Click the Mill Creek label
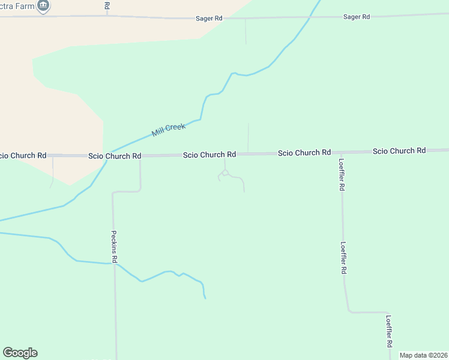(169, 130)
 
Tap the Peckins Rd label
(114, 247)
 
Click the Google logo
(20, 353)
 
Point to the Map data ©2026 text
(423, 355)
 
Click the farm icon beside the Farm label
(43, 6)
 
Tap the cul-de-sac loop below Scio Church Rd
(224, 173)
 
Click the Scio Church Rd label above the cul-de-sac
(209, 155)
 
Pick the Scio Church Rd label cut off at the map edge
(23, 155)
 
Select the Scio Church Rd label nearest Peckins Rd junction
(115, 156)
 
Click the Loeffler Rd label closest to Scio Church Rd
(341, 175)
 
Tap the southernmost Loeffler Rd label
(389, 331)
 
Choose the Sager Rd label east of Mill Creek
(357, 17)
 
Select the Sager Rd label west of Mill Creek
(209, 19)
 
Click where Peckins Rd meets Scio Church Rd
(140, 155)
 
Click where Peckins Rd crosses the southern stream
(114, 263)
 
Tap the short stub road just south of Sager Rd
(246, 31)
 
